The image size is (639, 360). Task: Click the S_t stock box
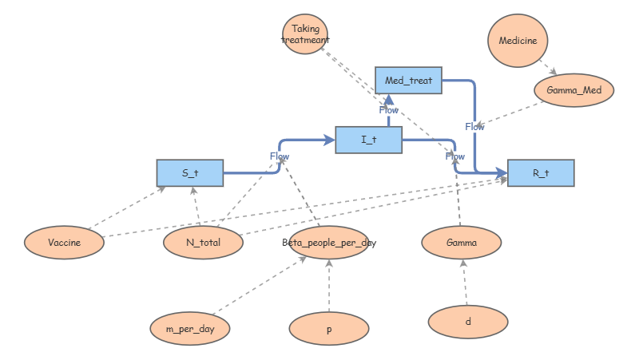[190, 172]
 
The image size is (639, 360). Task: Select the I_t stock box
[368, 140]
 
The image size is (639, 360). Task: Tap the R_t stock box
[541, 173]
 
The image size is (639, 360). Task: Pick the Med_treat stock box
[408, 81]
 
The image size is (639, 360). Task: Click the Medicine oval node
[518, 40]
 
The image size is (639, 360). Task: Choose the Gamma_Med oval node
[574, 91]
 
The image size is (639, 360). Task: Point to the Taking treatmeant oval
[305, 34]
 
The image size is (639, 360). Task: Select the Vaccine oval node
[64, 243]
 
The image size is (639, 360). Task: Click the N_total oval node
[203, 243]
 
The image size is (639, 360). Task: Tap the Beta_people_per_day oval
[329, 243]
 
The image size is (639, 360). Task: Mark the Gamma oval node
[461, 243]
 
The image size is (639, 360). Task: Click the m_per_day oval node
[190, 328]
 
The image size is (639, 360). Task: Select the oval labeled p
[329, 328]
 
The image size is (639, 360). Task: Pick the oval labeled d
[468, 322]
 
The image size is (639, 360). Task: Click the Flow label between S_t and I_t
[280, 156]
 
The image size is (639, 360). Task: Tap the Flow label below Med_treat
[389, 110]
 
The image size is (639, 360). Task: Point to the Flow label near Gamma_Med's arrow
[474, 126]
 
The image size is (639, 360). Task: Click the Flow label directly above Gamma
[455, 156]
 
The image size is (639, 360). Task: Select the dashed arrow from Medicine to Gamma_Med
[547, 66]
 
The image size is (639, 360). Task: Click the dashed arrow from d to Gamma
[464, 283]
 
